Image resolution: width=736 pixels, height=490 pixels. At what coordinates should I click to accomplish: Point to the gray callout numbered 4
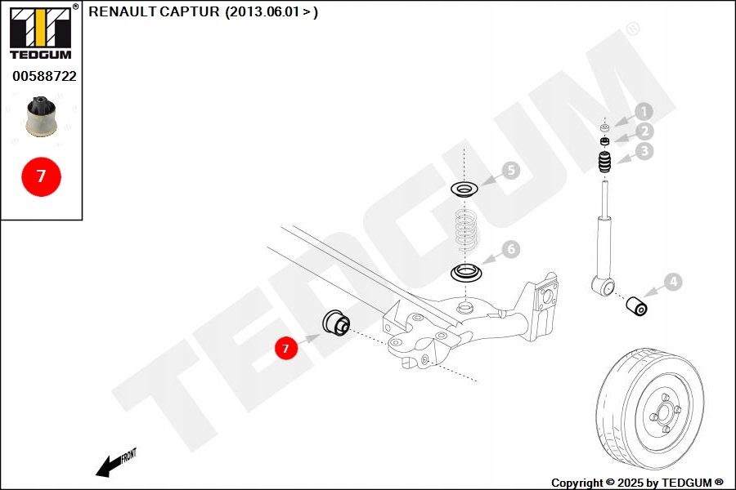pyautogui.click(x=671, y=283)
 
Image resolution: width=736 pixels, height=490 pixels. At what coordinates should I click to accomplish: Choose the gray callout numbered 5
pyautogui.click(x=510, y=171)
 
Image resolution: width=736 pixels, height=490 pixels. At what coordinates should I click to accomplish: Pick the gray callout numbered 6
pyautogui.click(x=510, y=248)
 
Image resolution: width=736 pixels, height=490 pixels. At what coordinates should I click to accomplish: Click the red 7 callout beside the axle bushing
pyautogui.click(x=285, y=349)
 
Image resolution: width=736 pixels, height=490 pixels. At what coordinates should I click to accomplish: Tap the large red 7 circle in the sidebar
pyautogui.click(x=41, y=176)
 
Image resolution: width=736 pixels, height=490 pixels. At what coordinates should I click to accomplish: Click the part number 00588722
pyautogui.click(x=44, y=76)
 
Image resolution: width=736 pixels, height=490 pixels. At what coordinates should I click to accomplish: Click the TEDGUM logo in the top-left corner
pyautogui.click(x=40, y=33)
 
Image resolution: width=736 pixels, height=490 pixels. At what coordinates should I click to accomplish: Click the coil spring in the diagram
pyautogui.click(x=466, y=230)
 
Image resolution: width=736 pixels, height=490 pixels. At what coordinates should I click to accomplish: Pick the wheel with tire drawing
pyautogui.click(x=649, y=405)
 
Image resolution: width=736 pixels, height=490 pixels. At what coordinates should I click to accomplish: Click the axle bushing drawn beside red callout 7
pyautogui.click(x=336, y=322)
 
